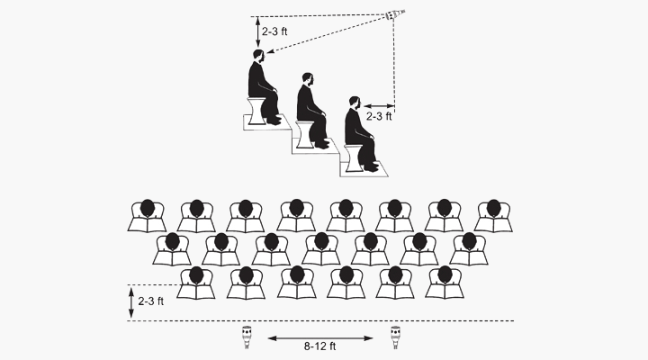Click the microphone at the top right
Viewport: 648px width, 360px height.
(392, 16)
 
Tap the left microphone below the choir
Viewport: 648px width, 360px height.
(247, 337)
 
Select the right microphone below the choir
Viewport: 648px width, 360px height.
(395, 337)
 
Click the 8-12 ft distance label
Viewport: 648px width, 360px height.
(320, 346)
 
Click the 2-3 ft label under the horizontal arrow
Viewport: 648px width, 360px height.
(379, 116)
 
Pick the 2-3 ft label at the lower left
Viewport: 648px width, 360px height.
(149, 301)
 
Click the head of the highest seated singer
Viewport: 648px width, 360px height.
(259, 56)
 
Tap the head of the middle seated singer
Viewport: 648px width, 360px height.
(308, 79)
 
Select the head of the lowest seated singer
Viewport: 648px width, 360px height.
(355, 103)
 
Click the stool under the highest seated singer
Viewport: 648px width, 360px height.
(258, 107)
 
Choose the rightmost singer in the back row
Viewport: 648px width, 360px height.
(492, 215)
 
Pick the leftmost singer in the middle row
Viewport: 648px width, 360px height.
(172, 248)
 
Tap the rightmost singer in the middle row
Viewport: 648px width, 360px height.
(468, 248)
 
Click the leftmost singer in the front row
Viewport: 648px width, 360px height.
(197, 282)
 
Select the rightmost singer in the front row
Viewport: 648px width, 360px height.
(443, 282)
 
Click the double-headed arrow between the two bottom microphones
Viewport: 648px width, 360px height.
(320, 337)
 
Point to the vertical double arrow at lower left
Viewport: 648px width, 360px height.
(131, 302)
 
